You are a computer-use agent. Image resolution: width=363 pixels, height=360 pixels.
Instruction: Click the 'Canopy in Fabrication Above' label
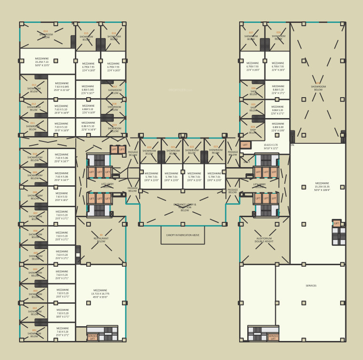pos(182,235)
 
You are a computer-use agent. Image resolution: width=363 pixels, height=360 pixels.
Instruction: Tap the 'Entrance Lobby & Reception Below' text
pos(184,207)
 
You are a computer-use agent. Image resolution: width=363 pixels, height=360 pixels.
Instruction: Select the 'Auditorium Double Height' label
pos(264,240)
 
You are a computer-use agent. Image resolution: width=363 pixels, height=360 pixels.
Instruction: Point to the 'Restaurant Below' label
pos(101,240)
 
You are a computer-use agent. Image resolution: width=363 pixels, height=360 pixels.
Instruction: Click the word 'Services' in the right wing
pos(311,286)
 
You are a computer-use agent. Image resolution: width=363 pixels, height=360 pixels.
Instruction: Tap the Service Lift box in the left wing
pos(92,337)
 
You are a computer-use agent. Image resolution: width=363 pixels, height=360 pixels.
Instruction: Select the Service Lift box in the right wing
pos(273,337)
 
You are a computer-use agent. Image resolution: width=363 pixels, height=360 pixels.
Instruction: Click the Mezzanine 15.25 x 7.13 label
pos(42,62)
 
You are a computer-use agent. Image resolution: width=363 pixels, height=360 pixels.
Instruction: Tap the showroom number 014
pos(46,31)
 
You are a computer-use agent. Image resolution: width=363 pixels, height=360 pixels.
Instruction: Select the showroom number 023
pos(215,147)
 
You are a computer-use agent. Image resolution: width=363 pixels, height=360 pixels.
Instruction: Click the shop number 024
pos(253,126)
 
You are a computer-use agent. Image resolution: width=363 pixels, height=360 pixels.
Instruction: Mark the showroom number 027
pos(251,33)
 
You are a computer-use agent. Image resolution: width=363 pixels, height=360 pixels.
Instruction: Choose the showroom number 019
pos(114,125)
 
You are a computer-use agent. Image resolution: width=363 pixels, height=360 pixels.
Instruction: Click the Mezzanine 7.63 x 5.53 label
pos(61,197)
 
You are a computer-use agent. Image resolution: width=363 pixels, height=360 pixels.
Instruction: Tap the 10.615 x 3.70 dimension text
pos(271,146)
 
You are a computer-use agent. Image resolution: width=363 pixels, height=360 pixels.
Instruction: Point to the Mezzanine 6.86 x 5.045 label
pos(88,90)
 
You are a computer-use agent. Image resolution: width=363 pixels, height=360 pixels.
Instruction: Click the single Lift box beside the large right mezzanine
pos(336,223)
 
